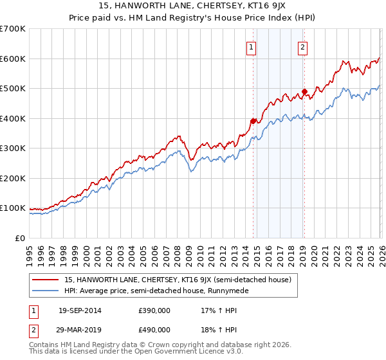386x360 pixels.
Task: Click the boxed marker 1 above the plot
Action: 250,46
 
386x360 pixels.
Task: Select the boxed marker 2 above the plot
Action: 302,46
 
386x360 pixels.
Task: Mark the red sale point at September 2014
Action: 253,121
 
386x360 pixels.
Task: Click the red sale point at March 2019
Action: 304,91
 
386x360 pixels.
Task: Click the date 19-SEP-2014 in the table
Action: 80,310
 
